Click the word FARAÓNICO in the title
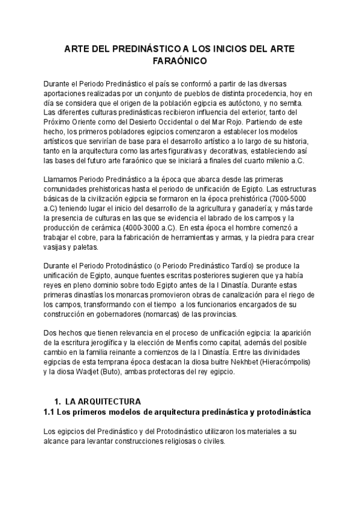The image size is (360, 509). click(x=180, y=61)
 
